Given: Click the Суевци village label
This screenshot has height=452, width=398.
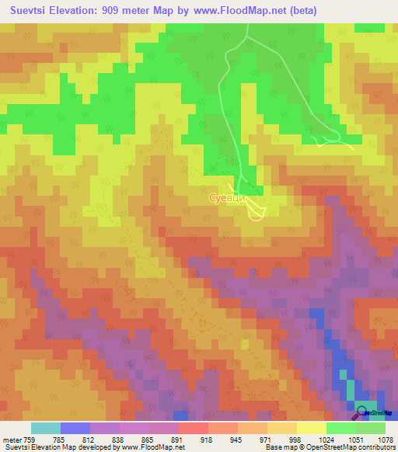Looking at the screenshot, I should (228, 199).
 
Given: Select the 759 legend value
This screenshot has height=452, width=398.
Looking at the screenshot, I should (28, 439).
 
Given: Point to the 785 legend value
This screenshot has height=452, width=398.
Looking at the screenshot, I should (58, 439).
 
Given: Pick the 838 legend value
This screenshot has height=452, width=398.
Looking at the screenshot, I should (117, 439).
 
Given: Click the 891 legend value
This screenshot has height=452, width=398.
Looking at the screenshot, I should (176, 439).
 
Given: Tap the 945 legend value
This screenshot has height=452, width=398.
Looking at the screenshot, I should (236, 439).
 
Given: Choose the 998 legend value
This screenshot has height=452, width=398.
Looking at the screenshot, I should (295, 439).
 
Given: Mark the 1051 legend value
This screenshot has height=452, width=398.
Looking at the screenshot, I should (354, 439).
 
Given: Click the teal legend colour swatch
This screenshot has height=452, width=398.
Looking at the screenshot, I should (46, 428).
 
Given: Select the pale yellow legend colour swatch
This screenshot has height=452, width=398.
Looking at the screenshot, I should (311, 428).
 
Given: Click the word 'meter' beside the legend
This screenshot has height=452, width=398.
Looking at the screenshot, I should (11, 439).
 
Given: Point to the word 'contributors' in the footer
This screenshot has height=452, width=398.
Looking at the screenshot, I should (375, 447).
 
